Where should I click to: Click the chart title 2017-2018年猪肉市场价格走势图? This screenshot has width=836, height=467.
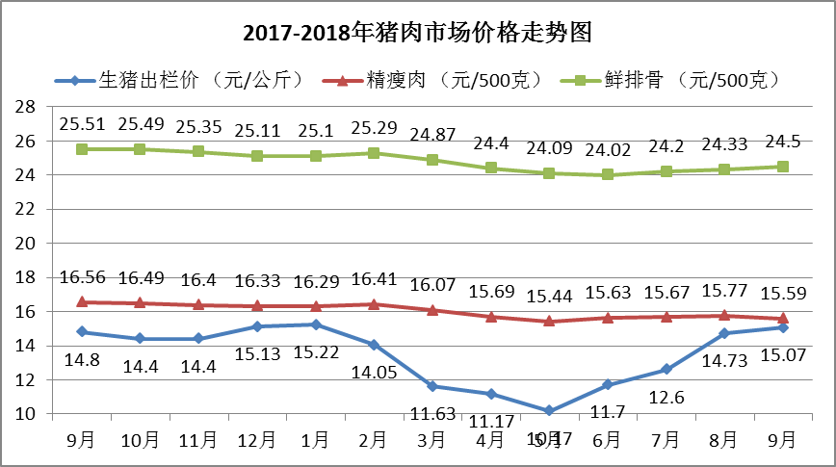tap(417, 34)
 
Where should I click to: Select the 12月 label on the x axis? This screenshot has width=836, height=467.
tap(257, 440)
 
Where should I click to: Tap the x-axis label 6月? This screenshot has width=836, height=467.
tap(608, 440)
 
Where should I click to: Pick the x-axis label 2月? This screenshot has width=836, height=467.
tap(374, 440)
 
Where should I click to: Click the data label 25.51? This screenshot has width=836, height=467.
tap(82, 124)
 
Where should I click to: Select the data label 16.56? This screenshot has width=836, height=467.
tap(82, 277)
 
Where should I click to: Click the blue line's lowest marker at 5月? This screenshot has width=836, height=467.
tap(549, 410)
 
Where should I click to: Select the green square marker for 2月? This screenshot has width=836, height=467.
tap(374, 153)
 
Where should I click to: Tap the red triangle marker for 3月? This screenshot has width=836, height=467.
tap(432, 310)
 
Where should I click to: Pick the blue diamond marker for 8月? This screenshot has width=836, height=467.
tap(724, 333)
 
